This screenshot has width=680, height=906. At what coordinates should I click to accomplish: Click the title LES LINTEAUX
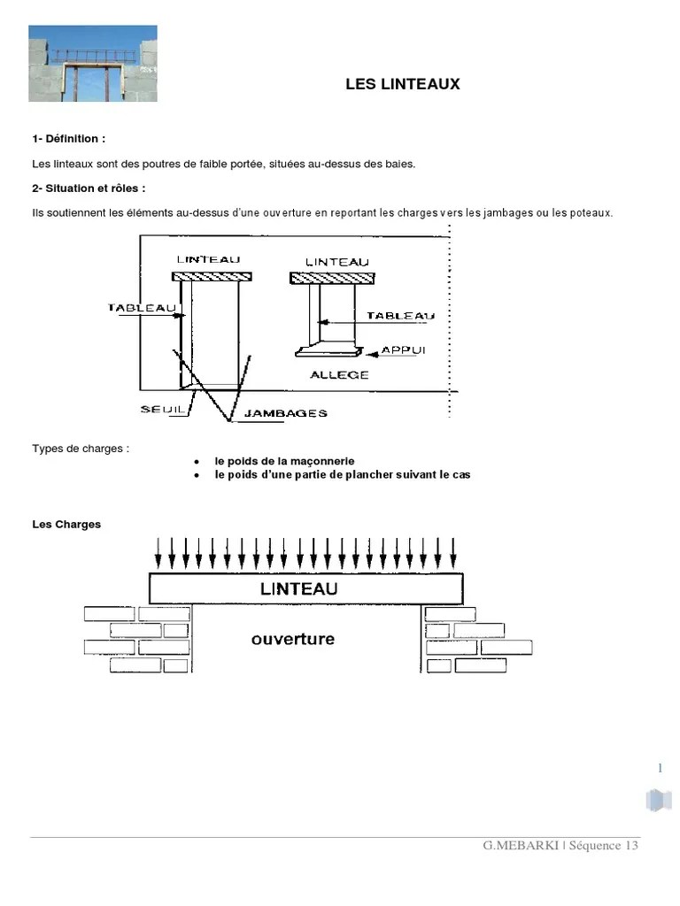point(402,84)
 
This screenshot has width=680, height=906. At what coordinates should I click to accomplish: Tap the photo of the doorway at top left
point(93,63)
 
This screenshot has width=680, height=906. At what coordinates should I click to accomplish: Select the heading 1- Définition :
point(68,139)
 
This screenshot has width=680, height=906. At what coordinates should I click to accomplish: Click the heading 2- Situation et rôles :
point(89,188)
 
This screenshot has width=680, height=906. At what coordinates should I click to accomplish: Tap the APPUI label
point(404,350)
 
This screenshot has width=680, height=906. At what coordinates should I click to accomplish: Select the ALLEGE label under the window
point(339,375)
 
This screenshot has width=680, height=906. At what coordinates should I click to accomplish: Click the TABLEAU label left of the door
point(139,308)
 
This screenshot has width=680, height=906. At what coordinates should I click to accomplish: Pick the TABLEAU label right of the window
point(400,315)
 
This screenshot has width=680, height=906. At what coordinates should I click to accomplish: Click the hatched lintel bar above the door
point(211,277)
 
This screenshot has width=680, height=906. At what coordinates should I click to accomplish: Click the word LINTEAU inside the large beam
point(299,588)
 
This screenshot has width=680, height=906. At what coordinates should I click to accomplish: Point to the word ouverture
point(293,639)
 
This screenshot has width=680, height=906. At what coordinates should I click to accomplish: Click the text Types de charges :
point(80,449)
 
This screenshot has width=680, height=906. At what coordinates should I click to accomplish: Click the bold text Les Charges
point(66,524)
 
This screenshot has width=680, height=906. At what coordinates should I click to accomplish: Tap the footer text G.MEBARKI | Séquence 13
point(560,845)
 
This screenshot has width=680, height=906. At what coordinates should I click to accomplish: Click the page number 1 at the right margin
point(660,768)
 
